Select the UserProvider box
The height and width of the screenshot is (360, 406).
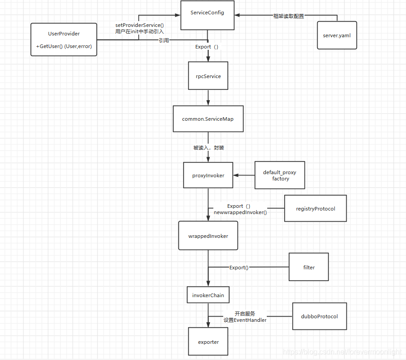(64, 40)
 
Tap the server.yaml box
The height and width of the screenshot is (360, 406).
(337, 35)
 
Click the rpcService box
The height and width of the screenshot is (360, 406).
(208, 76)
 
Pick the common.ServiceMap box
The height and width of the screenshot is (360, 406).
(208, 119)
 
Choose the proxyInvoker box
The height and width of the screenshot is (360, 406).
(208, 176)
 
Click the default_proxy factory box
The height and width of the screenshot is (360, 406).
(280, 175)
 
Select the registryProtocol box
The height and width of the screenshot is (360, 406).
(315, 208)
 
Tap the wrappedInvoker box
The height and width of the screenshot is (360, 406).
(208, 236)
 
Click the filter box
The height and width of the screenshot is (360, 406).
(309, 267)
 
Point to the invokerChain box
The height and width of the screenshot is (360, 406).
(208, 295)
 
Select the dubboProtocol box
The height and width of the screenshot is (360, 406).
(319, 316)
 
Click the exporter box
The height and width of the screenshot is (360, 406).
(208, 342)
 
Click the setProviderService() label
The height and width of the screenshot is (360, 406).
(139, 26)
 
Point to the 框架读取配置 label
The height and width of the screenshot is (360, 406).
(288, 16)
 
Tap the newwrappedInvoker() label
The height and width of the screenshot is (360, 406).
(240, 212)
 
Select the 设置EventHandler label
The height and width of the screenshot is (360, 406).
(245, 320)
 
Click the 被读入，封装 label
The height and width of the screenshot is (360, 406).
(208, 148)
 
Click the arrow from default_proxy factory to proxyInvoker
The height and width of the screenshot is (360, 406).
(244, 175)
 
